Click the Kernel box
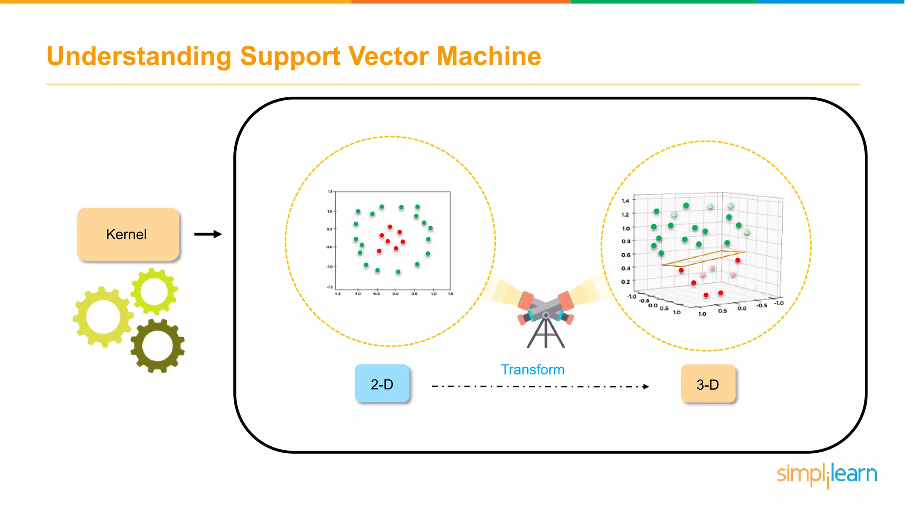[x=128, y=234]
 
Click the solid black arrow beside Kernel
[x=208, y=234]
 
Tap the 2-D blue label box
[x=382, y=384]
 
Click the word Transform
[x=532, y=369]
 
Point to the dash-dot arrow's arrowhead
[x=646, y=387]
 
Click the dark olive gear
[x=158, y=346]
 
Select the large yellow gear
[x=103, y=317]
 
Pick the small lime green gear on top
[x=154, y=292]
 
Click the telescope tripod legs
[x=546, y=334]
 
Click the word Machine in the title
[x=489, y=56]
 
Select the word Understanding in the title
[x=139, y=57]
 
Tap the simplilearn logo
[x=827, y=475]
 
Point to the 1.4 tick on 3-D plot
[x=625, y=201]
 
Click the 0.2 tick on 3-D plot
[x=625, y=281]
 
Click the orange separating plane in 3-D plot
[x=703, y=258]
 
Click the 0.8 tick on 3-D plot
[x=626, y=241]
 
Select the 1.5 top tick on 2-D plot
[x=330, y=192]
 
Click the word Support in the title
[x=290, y=57]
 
